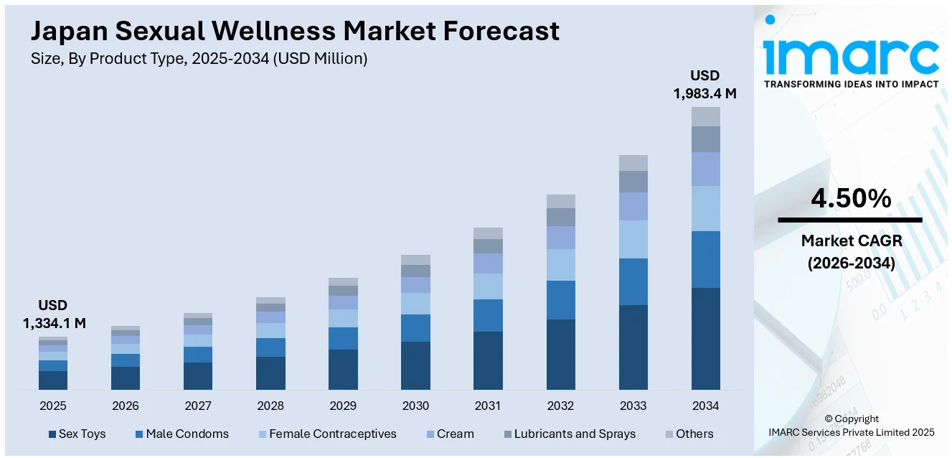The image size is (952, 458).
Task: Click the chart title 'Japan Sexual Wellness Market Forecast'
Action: pos(295,32)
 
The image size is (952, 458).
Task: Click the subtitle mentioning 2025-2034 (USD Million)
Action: pos(199,59)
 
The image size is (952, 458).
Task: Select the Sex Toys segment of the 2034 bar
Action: pos(705,338)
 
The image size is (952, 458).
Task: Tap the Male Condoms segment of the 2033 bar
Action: pos(633,281)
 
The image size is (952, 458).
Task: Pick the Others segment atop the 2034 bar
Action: pos(705,116)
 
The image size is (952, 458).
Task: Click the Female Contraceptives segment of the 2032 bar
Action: pos(560,264)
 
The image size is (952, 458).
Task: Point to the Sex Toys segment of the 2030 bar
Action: pos(415,365)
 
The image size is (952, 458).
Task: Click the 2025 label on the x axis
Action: pos(53,406)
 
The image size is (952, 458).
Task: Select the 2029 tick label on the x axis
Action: pos(343,406)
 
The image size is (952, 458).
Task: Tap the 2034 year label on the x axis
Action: pos(705,406)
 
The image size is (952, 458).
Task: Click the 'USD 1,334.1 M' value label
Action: pos(54,314)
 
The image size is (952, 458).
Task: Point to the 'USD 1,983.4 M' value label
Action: pos(704,84)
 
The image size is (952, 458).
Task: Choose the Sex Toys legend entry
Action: pos(77,434)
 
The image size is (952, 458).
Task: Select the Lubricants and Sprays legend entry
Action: pos(569,434)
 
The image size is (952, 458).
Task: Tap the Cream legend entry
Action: pos(449,434)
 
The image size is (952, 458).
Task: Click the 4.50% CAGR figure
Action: pos(851,198)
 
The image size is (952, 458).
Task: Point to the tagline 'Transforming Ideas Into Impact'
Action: pos(851,84)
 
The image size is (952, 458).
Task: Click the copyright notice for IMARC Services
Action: pos(851,425)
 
